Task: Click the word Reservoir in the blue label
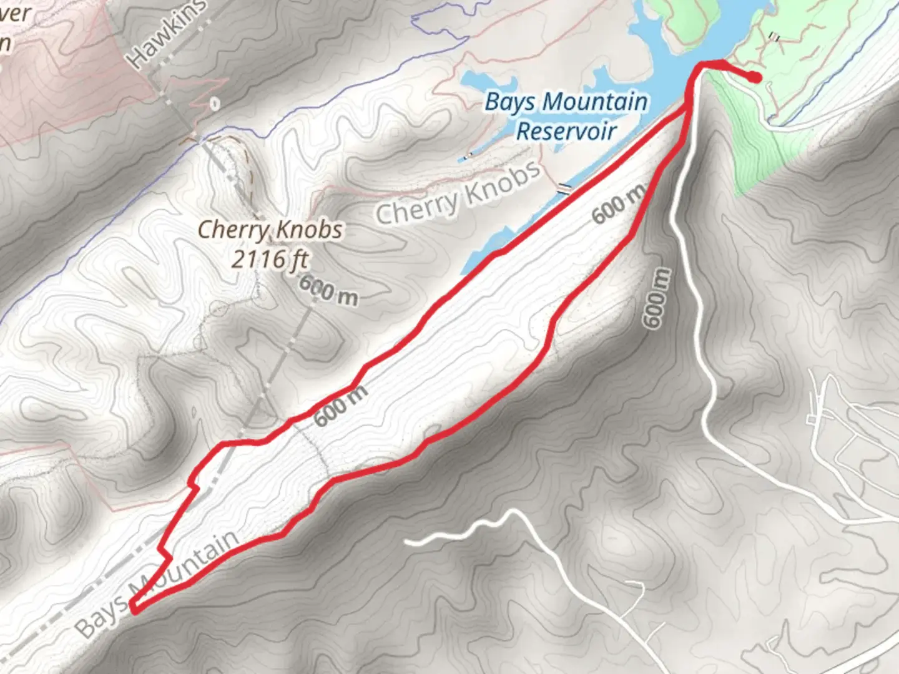click(x=566, y=131)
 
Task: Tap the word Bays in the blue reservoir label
click(x=509, y=102)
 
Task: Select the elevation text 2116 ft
click(x=270, y=258)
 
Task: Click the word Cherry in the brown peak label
click(x=232, y=230)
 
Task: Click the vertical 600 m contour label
click(x=657, y=298)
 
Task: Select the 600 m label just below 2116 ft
click(x=328, y=291)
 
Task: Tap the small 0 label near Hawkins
click(x=215, y=103)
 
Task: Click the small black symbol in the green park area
click(x=775, y=37)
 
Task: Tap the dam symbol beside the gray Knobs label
click(x=565, y=188)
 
